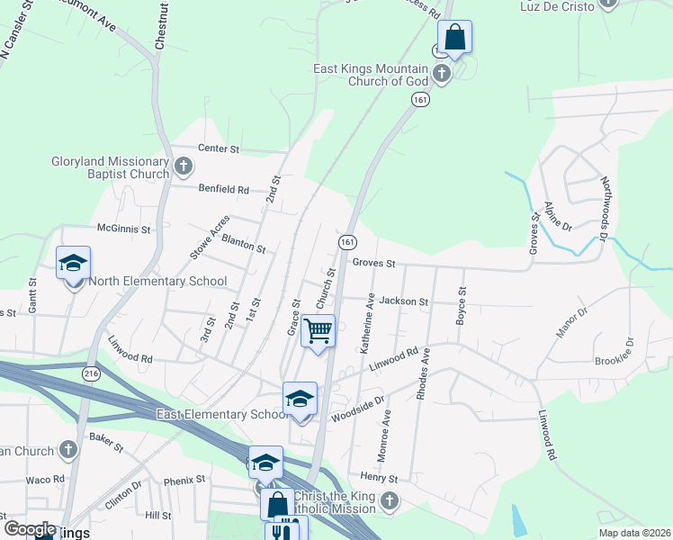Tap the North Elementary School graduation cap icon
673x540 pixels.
(x=73, y=263)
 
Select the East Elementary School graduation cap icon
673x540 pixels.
(x=300, y=399)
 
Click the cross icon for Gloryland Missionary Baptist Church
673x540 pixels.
(x=183, y=166)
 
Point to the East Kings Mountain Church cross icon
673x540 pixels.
(x=441, y=74)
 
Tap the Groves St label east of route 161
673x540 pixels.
(x=373, y=263)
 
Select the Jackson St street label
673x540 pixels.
(x=403, y=301)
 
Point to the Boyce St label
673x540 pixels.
(x=462, y=306)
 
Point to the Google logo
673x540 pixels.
(x=30, y=529)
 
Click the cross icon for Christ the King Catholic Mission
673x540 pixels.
(x=389, y=499)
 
